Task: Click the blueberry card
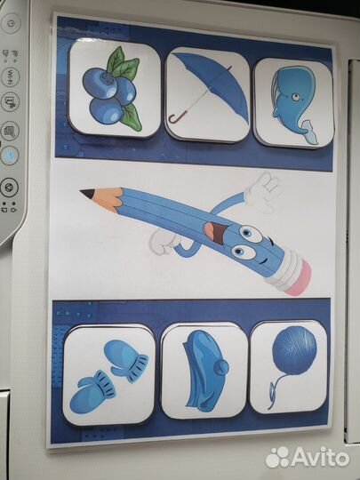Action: (115, 88)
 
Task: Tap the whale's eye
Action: (295, 97)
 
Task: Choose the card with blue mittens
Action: (108, 376)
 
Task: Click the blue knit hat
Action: (205, 371)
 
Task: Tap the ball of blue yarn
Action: (294, 350)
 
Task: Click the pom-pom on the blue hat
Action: (221, 367)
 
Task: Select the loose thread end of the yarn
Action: (272, 398)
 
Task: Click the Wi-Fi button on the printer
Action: (11, 76)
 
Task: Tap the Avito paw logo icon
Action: (277, 457)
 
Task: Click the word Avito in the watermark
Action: (320, 457)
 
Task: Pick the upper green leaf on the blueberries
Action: (116, 60)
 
